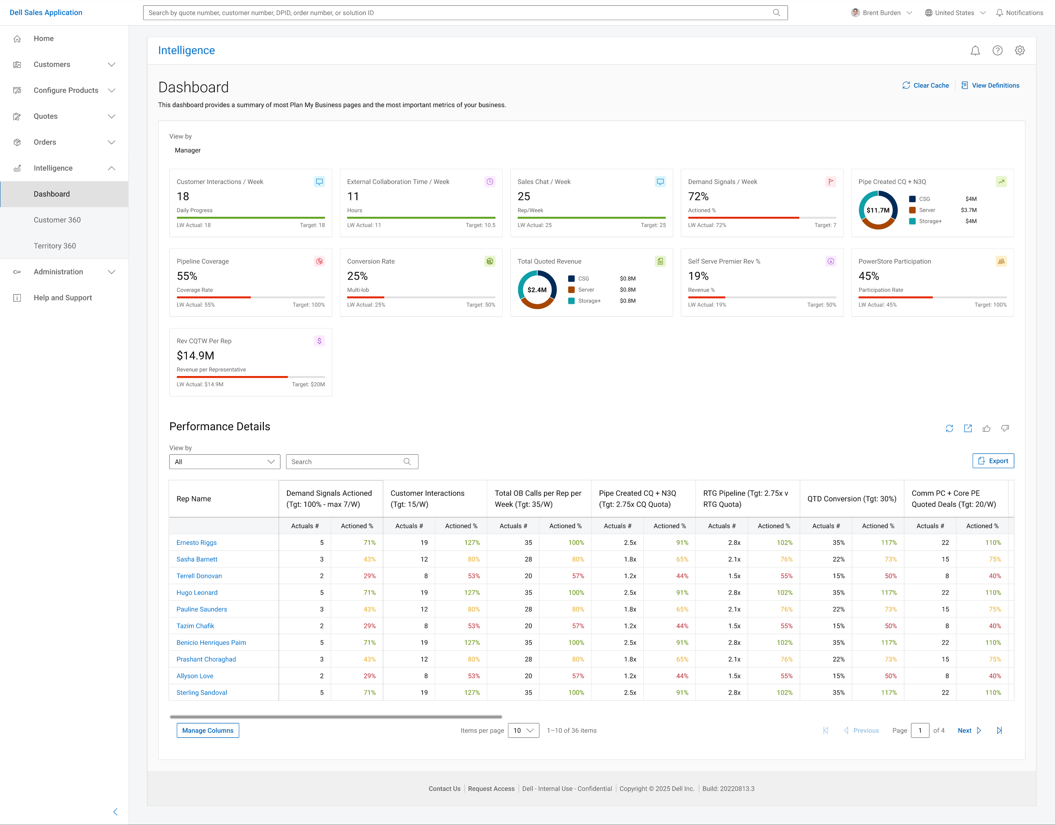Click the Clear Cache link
[x=926, y=85]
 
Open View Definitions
[x=990, y=85]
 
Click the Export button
[x=993, y=461]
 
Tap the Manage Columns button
[x=208, y=730]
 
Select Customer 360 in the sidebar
[x=57, y=220]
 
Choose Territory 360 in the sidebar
[x=55, y=246]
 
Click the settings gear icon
[x=1020, y=50]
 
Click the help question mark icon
[x=997, y=50]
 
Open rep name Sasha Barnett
[x=197, y=559]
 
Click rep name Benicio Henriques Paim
[x=211, y=642]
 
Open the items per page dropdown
[x=524, y=730]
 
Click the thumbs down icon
[x=1005, y=429]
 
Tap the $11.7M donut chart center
[x=878, y=210]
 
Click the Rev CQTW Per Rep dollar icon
[x=320, y=341]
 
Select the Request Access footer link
[x=491, y=789]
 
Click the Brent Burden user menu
[x=881, y=13]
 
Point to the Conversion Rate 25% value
[x=358, y=276]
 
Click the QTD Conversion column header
[x=851, y=499]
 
